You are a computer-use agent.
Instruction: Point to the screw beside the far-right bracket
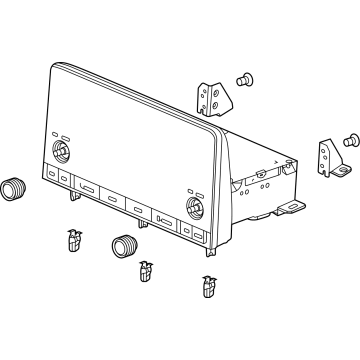[x=351, y=142]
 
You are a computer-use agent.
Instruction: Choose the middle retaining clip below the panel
[x=147, y=269]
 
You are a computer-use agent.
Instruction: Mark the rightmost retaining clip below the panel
[x=208, y=286]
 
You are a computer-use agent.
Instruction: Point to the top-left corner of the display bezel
[x=51, y=68]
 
